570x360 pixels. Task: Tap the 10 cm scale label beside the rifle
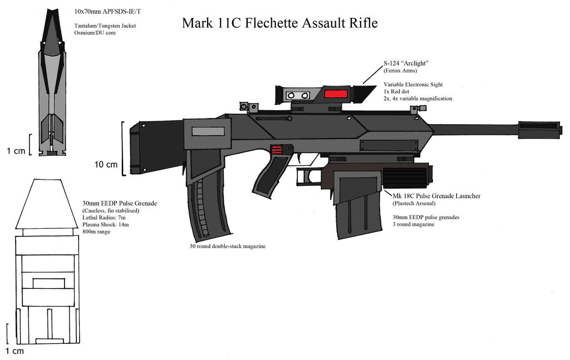[x=106, y=164]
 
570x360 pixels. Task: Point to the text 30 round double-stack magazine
[x=227, y=245]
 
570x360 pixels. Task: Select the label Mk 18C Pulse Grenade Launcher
[x=437, y=196]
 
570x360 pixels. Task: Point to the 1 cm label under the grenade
[x=14, y=351]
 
